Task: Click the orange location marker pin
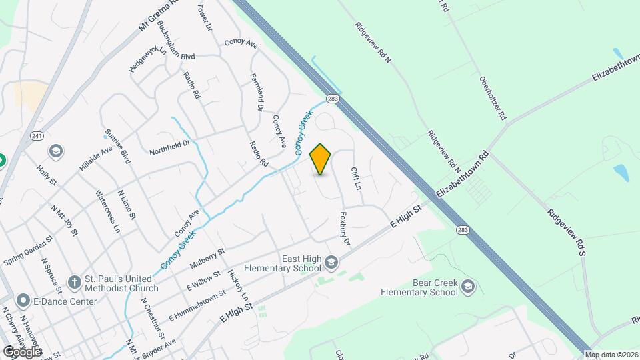(321, 159)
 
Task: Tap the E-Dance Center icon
(23, 300)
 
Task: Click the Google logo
(22, 351)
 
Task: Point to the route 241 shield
(37, 136)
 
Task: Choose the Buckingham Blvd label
(172, 42)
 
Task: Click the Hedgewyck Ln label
(147, 59)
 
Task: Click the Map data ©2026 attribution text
(611, 355)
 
